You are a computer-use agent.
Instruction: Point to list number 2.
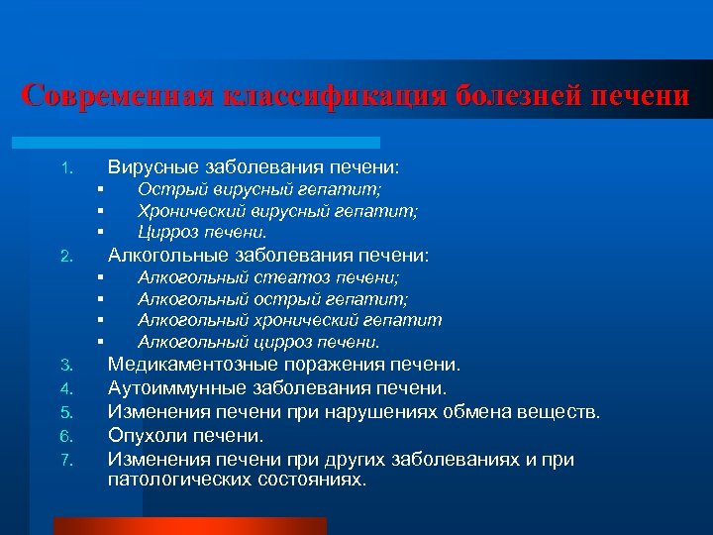(66, 257)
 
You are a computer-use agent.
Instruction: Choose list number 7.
(66, 461)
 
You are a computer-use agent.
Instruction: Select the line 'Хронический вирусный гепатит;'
(277, 211)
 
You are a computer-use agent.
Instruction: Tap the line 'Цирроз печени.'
(202, 233)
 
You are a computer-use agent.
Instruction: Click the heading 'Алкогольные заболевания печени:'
(268, 256)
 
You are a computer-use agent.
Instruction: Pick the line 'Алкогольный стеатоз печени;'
(268, 277)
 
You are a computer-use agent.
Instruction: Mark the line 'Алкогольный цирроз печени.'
(258, 343)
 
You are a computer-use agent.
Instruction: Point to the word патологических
(182, 480)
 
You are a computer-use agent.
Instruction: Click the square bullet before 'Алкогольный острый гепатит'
(101, 299)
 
